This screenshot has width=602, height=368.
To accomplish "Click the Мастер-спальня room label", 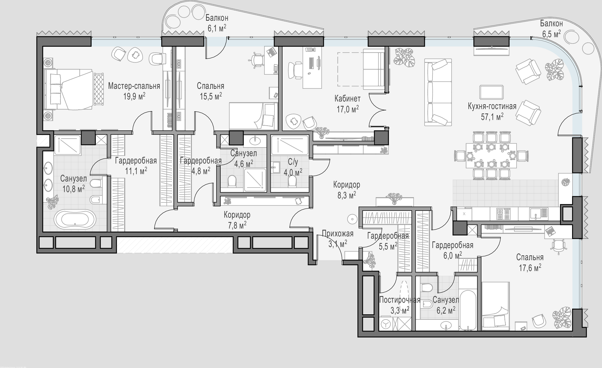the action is point(134,86).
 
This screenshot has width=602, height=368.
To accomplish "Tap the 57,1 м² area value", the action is point(492,117).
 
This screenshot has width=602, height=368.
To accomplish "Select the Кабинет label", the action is point(347,98).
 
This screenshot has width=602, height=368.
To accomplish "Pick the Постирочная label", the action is point(400,300).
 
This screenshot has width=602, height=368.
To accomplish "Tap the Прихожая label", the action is point(338,234).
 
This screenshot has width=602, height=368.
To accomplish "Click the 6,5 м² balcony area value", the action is point(551,34).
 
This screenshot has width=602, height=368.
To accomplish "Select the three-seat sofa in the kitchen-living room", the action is point(438,92).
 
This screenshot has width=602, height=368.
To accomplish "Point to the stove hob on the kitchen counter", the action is point(503,214).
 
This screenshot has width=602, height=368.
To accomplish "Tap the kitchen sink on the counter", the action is point(539,214).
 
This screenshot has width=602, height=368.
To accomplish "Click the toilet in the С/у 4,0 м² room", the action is point(293,181).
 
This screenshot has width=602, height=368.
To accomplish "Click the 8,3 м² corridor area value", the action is point(346,195).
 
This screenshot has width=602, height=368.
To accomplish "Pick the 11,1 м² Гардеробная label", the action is point(136,171).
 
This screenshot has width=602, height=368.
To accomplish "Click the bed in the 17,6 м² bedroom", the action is point(496,306).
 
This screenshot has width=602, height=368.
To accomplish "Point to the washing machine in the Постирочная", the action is point(386,324).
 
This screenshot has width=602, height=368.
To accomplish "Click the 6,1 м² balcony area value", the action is point(217,28).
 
